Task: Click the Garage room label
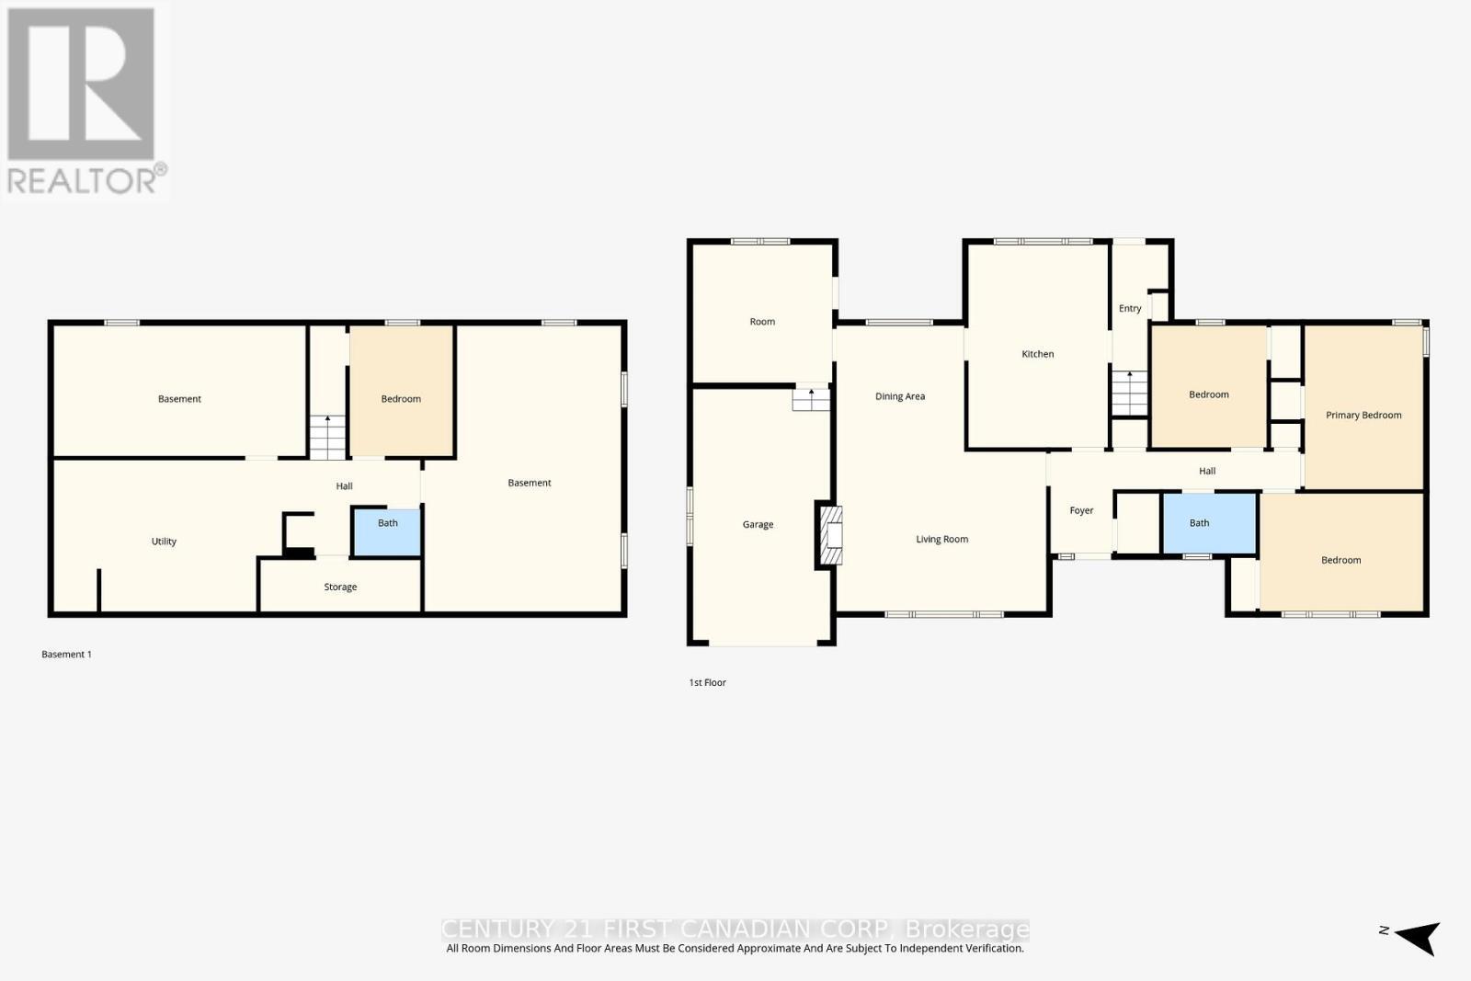758,524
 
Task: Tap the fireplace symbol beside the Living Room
829,536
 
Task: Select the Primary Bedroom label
1363,415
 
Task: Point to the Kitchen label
1037,354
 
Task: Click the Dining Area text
899,396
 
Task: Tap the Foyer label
1081,510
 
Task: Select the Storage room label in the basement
340,587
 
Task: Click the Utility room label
164,542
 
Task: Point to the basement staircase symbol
327,437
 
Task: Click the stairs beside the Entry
1129,393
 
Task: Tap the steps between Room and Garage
811,399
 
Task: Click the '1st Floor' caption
707,682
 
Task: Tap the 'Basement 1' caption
66,655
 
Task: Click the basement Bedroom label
401,399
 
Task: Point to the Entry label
1130,308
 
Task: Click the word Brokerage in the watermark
966,929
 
